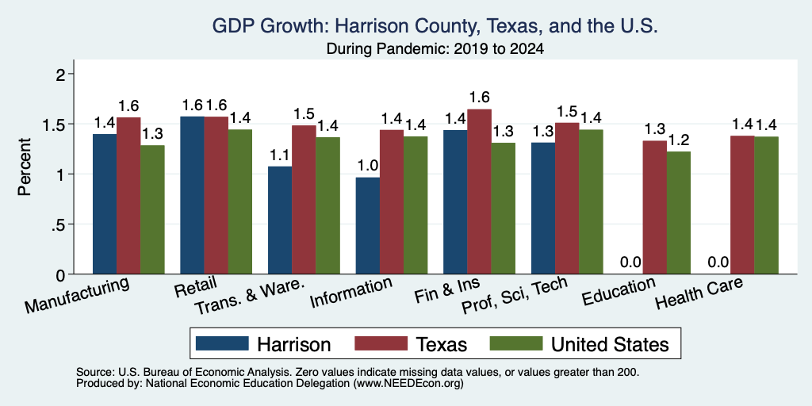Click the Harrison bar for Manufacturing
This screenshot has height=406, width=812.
pos(105,204)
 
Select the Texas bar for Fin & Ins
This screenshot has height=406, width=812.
pos(480,192)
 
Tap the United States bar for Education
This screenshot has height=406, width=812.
pos(679,213)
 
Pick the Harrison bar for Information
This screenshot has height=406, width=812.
pos(368,226)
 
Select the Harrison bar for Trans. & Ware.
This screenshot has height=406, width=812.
pos(280,220)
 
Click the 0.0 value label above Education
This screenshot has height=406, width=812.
pos(630,262)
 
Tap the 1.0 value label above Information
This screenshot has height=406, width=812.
pos(368,166)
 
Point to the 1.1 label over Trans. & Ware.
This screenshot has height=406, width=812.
pos(280,155)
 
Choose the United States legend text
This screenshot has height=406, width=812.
pos(610,344)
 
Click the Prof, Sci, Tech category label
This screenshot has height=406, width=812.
pos(514,295)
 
